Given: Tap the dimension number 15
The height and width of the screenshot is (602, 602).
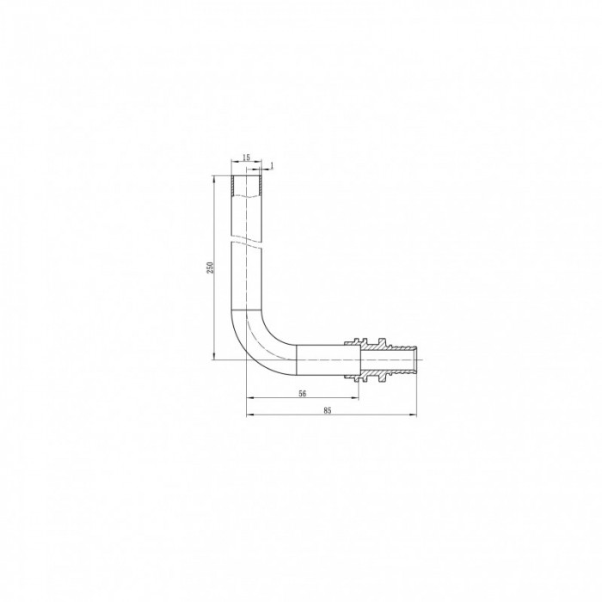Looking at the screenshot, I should tap(246, 157).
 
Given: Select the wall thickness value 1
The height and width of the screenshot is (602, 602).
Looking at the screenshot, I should tap(272, 164).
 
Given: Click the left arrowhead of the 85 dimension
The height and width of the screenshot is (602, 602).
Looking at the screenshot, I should tap(249, 415).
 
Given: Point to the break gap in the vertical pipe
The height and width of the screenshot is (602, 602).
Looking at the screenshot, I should tap(246, 240).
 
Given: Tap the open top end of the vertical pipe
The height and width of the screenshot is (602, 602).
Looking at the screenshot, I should tap(246, 178).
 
